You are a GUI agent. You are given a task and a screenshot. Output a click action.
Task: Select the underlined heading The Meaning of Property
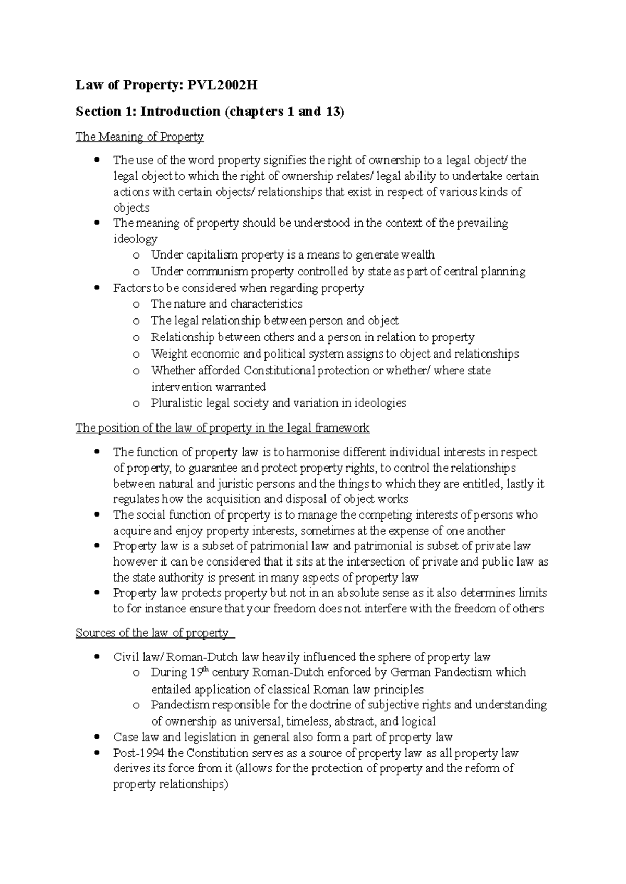[x=139, y=137]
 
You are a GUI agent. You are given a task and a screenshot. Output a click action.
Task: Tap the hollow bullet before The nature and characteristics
[x=137, y=305]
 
